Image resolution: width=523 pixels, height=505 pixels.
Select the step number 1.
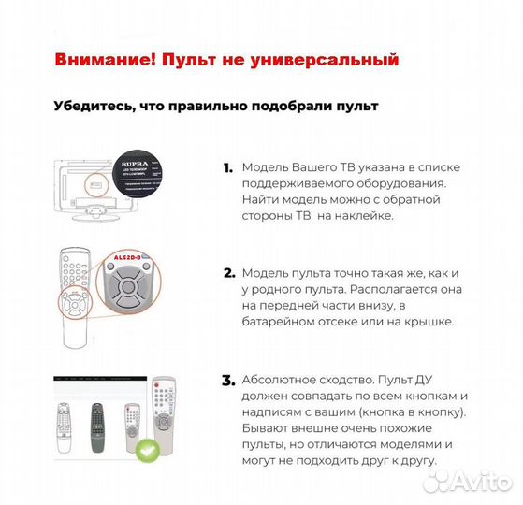pos(227,168)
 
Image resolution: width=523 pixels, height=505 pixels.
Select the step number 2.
pos(228,273)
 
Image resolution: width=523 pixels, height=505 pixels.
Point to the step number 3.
pos(228,381)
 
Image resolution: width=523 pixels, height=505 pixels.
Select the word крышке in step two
pos(427,321)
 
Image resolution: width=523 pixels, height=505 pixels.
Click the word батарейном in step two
pos(281,321)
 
